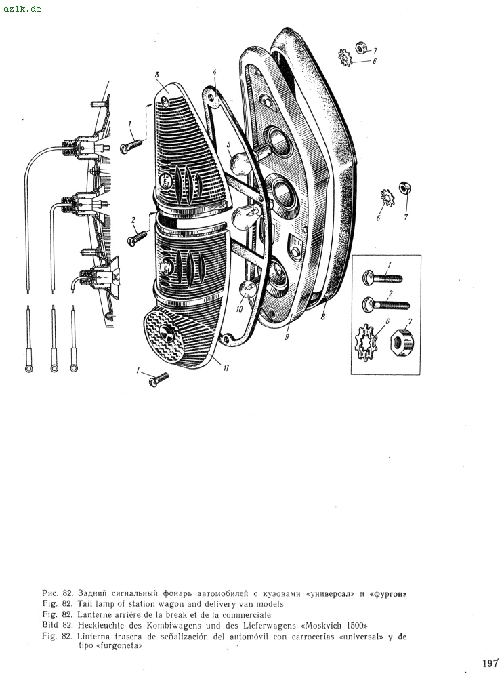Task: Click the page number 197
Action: [x=490, y=663]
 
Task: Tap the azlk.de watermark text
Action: [x=22, y=8]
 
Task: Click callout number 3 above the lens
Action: [x=157, y=75]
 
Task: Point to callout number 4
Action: [x=215, y=72]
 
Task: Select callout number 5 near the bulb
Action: [x=229, y=144]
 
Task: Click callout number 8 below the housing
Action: [x=323, y=317]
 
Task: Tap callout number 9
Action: [x=287, y=336]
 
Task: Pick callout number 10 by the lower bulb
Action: [x=239, y=308]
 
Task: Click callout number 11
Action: [x=226, y=368]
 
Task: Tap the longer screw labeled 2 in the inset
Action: [x=385, y=304]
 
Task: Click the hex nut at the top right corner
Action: [x=360, y=47]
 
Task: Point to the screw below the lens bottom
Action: [x=159, y=379]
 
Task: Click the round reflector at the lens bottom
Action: [x=166, y=332]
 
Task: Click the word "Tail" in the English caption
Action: [x=85, y=603]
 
